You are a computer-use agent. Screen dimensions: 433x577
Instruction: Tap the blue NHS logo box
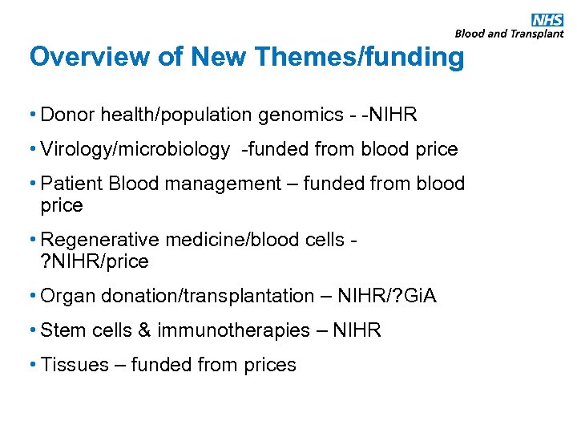click(x=547, y=19)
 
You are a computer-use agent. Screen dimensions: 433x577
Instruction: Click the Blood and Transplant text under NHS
click(x=509, y=34)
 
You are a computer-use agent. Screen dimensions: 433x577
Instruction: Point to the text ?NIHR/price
click(x=95, y=261)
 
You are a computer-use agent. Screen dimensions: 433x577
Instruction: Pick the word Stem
click(x=61, y=330)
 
